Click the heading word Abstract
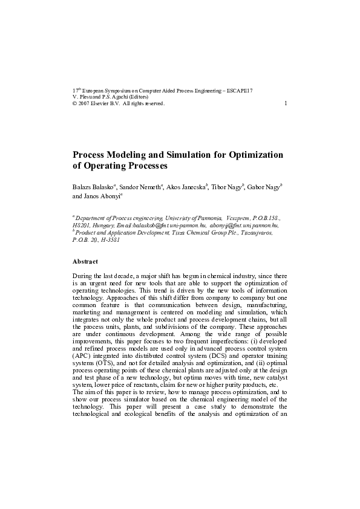(85, 261)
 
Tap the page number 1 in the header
(285, 103)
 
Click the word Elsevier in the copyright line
(103, 103)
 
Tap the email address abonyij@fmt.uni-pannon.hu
(244, 224)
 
